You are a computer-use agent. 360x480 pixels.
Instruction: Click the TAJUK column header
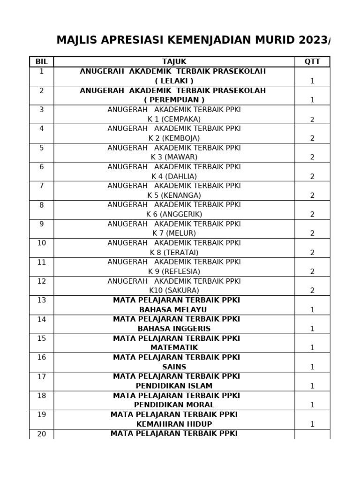coord(174,61)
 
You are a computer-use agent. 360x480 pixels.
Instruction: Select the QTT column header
coord(312,61)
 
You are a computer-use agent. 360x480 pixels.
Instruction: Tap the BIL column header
coord(42,61)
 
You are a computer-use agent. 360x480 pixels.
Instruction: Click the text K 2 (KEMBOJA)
coord(174,138)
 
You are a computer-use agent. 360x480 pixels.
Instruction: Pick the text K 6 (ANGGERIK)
coord(174,214)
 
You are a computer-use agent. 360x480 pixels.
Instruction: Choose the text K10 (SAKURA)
coord(174,291)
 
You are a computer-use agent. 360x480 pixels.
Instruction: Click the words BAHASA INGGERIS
coord(174,329)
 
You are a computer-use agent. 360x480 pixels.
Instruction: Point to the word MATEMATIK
coord(174,348)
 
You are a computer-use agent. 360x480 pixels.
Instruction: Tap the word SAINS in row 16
coord(174,367)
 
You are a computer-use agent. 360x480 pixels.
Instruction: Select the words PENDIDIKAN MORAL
coord(174,405)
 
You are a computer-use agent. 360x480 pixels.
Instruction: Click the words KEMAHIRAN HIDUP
coord(174,424)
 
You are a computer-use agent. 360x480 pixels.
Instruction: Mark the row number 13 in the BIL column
coord(42,300)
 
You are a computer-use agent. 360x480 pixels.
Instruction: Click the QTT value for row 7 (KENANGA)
coord(312,195)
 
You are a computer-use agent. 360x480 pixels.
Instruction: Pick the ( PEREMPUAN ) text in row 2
coord(174,100)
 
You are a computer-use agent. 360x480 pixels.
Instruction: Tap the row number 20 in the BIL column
coord(42,434)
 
